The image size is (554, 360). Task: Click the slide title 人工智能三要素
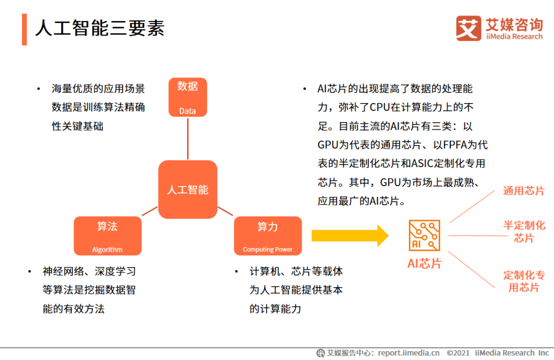click(x=100, y=28)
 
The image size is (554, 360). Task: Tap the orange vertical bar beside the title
click(x=24, y=30)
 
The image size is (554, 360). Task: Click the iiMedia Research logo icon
click(x=468, y=28)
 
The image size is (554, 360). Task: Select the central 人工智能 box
click(x=188, y=190)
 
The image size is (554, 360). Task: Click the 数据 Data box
click(x=188, y=97)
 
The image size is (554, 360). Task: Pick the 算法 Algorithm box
click(x=107, y=236)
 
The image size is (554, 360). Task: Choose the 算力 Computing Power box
click(x=268, y=236)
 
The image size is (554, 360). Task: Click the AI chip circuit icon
click(x=424, y=235)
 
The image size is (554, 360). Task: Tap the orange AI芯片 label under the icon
click(x=424, y=264)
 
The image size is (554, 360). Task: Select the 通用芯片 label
click(x=524, y=191)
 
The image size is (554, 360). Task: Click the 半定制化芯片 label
click(x=524, y=232)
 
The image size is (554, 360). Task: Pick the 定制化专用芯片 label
click(x=524, y=282)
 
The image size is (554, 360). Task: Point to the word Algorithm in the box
click(x=107, y=250)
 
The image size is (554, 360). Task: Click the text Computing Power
click(x=268, y=250)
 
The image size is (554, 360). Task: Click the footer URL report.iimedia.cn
click(x=409, y=353)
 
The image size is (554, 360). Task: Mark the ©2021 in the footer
click(x=458, y=353)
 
